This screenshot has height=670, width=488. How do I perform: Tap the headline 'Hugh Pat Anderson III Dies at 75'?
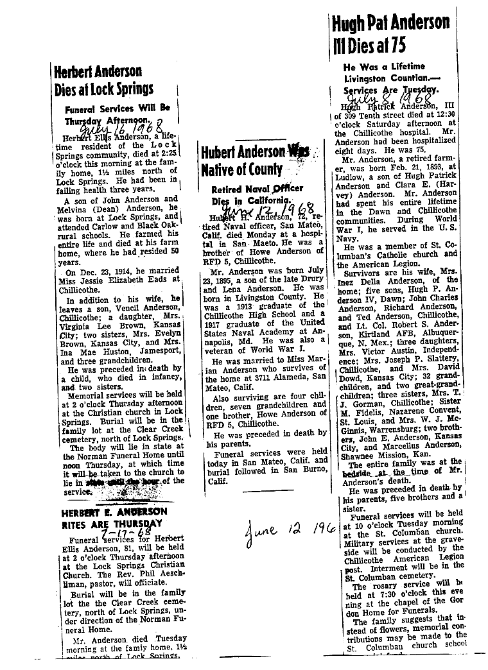click(x=390, y=35)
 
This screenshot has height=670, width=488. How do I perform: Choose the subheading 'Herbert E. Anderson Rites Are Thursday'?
click(x=114, y=518)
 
